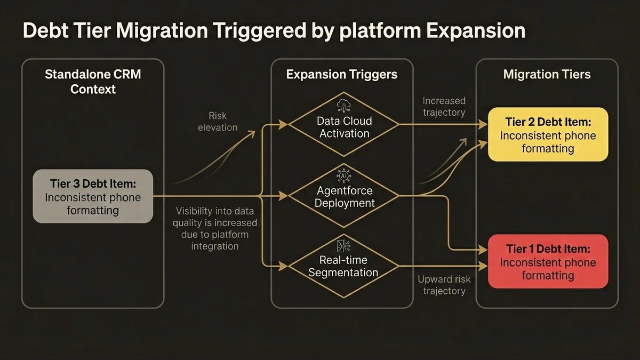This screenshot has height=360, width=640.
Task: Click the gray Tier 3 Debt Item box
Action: pos(93,196)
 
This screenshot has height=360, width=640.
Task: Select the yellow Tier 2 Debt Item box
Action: pos(548,134)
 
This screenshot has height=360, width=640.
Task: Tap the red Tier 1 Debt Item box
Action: pos(548,261)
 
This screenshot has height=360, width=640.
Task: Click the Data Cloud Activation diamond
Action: pos(344,127)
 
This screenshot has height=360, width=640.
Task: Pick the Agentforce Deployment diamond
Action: pos(344,196)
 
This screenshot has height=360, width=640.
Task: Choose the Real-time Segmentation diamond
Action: pos(344,266)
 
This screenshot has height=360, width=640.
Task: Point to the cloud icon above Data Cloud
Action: pos(342,103)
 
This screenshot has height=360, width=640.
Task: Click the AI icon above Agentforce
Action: pos(342,174)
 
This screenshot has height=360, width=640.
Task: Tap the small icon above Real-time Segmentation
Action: pos(342,245)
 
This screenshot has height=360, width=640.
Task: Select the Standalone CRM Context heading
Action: pos(93,81)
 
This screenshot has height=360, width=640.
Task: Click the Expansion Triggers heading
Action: pos(342,74)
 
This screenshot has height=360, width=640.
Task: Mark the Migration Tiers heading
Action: pos(547,74)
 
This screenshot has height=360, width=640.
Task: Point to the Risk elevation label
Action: pos(218,121)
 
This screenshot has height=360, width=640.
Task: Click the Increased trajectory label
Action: pos(444,106)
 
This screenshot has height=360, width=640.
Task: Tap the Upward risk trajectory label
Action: pos(444,285)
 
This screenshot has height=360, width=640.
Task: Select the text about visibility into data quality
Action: pos(215,228)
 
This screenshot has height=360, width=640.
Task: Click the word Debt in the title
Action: pos(47,30)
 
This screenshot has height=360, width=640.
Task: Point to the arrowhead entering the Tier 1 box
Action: pos(484,250)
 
